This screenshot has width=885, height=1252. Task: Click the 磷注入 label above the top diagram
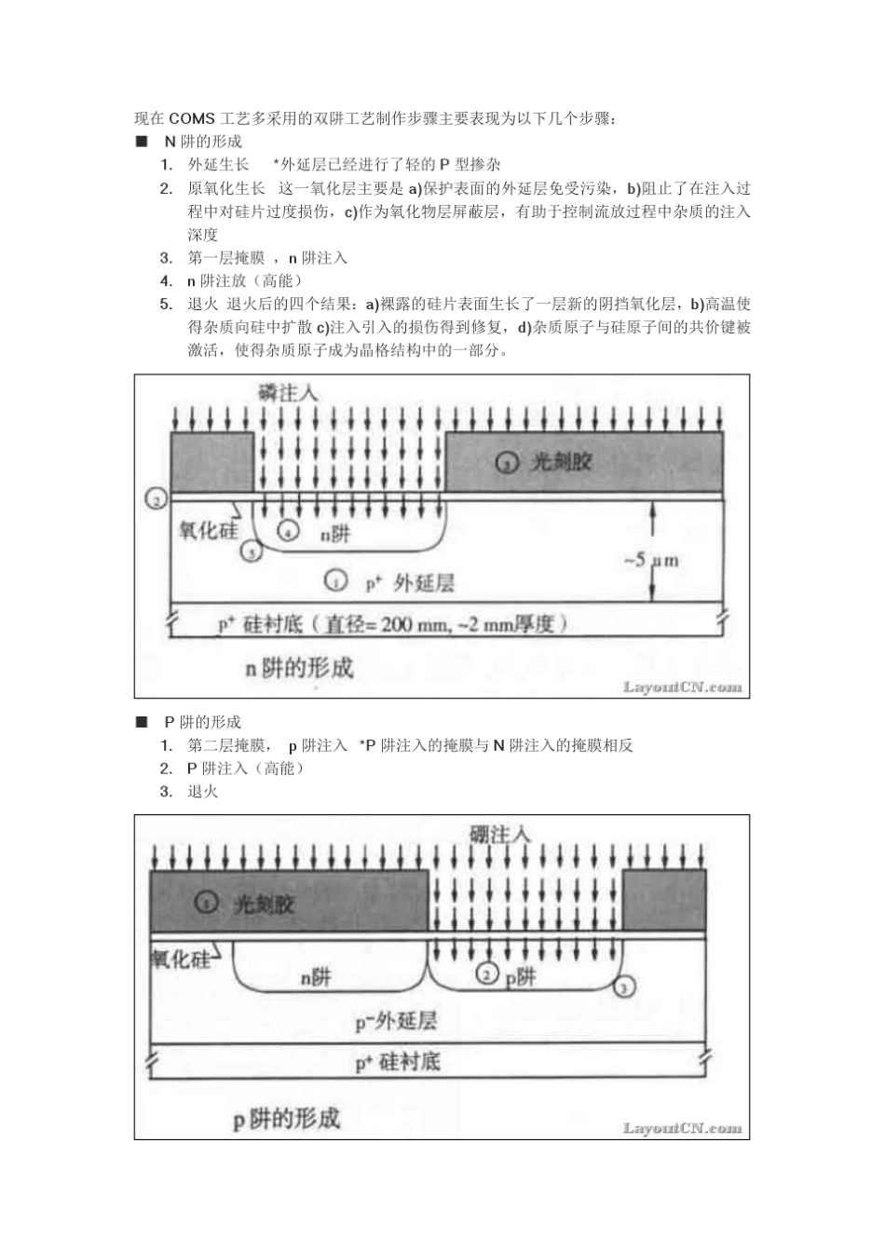coord(288,393)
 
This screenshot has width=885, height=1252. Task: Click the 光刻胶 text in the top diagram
coord(561,461)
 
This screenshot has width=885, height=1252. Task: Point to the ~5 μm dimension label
coord(649,560)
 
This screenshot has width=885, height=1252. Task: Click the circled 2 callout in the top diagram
coord(156,499)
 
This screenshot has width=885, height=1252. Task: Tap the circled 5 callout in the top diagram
coord(251,552)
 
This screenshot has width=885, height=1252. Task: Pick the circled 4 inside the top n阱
coord(289,532)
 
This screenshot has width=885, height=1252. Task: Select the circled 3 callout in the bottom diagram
coord(625,986)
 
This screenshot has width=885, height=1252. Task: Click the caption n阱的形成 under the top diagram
coord(299,668)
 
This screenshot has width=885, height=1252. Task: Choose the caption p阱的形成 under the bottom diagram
coord(287,1118)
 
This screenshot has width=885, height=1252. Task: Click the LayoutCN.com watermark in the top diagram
coord(683,687)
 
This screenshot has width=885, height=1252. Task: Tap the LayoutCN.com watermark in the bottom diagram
coord(683,1128)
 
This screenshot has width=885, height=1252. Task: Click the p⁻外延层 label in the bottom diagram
coord(396,1022)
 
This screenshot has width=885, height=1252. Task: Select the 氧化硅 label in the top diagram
coord(207,530)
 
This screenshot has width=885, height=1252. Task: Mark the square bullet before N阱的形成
coord(142,142)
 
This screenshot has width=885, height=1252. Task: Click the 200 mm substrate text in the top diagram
coord(410,625)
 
